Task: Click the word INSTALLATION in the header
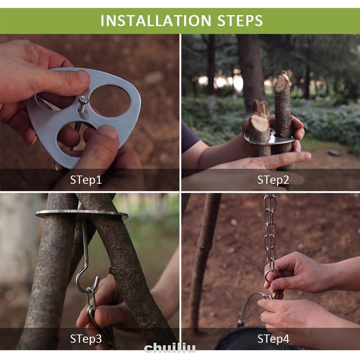pos(156,20)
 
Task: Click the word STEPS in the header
pos(240,20)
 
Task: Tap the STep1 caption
pos(86,180)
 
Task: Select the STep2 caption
pos(273,180)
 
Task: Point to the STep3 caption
pos(86,339)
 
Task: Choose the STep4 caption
pos(273,339)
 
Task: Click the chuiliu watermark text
pos(170,348)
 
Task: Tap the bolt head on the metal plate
pos(84,100)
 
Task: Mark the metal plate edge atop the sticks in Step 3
pos(82,214)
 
